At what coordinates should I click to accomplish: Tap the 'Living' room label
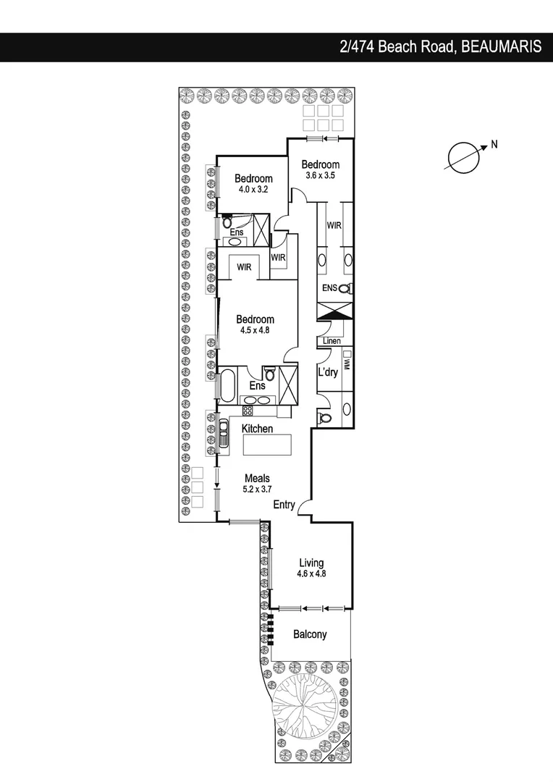pyautogui.click(x=311, y=563)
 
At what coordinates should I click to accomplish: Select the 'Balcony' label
pyautogui.click(x=310, y=634)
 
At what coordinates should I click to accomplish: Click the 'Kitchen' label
pyautogui.click(x=258, y=429)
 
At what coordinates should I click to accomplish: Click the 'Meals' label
pyautogui.click(x=257, y=479)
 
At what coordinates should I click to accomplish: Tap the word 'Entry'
pyautogui.click(x=284, y=505)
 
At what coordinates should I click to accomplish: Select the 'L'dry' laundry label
pyautogui.click(x=329, y=374)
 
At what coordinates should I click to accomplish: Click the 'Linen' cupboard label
pyautogui.click(x=332, y=340)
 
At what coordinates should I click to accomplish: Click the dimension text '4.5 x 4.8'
pyautogui.click(x=254, y=329)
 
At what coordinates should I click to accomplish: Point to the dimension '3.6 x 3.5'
pyautogui.click(x=321, y=175)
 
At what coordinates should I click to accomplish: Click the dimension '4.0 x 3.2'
pyautogui.click(x=253, y=190)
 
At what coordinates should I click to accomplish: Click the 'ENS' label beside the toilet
pyautogui.click(x=329, y=288)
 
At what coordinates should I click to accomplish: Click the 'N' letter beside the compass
pyautogui.click(x=494, y=144)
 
